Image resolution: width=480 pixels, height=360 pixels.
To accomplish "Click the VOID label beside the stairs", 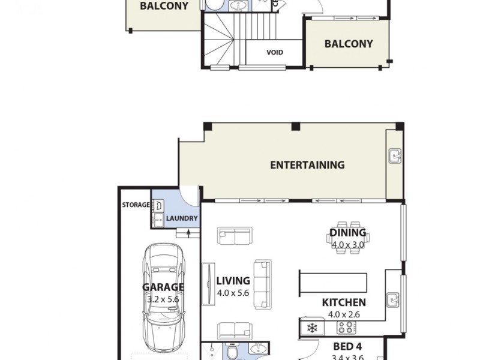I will click(275, 53).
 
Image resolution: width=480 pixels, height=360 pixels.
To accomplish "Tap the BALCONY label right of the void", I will click(349, 44).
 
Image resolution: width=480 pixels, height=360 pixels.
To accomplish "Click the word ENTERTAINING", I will click(307, 165).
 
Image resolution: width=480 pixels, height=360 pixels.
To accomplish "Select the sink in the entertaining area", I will click(395, 157).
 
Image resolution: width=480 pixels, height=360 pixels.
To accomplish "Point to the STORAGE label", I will click(136, 205).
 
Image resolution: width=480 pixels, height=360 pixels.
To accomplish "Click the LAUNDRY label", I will click(179, 219).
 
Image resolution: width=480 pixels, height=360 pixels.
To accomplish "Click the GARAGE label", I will click(163, 287).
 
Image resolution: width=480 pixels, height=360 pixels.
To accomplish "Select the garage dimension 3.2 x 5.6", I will click(163, 299).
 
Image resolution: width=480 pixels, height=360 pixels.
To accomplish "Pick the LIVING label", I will click(233, 281).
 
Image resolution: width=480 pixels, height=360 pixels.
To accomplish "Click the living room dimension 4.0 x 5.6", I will click(233, 293).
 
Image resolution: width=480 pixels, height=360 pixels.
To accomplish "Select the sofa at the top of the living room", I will click(235, 236).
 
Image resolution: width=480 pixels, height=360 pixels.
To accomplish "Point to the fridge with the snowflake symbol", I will click(312, 328).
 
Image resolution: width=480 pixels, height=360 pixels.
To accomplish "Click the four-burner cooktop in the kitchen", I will click(346, 328).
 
